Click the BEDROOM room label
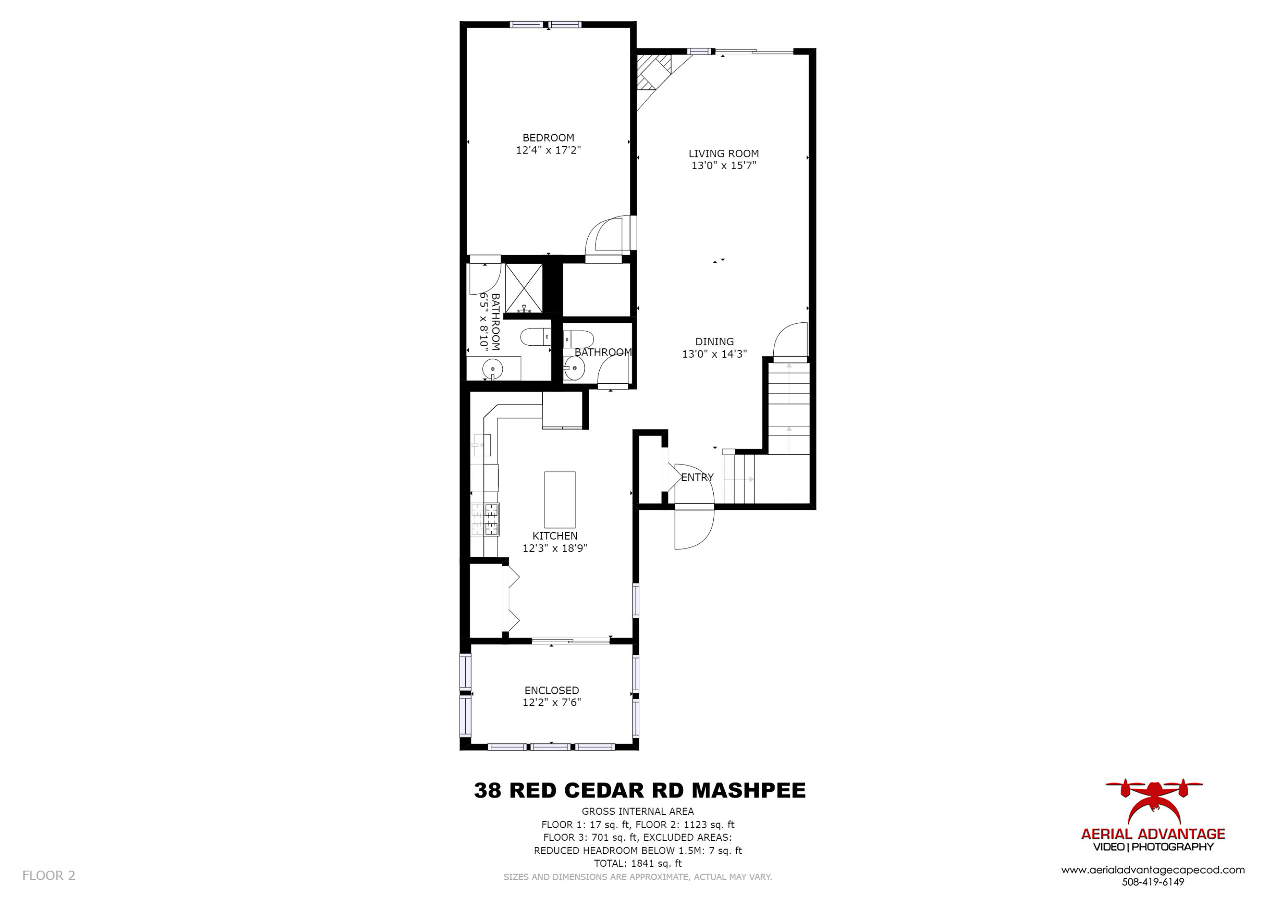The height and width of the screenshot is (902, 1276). coord(548,138)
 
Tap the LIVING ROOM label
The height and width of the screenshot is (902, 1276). coord(723,154)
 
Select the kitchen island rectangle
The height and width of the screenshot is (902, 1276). coord(560,500)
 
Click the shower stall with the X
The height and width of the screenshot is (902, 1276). coord(524,288)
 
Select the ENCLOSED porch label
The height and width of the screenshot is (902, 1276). coord(551,690)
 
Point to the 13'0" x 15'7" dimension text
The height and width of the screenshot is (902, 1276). coord(723,165)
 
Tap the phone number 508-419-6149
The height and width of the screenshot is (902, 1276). coord(1153,882)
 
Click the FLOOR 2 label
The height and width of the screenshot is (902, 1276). coord(48,875)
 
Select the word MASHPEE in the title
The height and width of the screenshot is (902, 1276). coord(748,790)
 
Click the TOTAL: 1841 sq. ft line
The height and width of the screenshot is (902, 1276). coord(638,863)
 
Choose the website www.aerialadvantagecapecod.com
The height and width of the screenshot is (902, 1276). coord(1153,870)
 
